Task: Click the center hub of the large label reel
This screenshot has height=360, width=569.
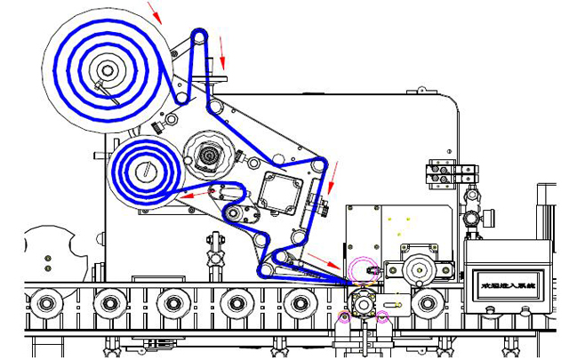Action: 108,69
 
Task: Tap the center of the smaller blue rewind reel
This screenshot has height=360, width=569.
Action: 145,169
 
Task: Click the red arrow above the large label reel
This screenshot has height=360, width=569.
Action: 155,12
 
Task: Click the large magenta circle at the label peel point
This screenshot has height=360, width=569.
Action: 361,268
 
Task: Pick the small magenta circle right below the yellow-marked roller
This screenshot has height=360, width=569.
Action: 383,316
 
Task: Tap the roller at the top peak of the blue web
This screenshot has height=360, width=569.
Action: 200,36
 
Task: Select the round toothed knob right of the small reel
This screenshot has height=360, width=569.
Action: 209,156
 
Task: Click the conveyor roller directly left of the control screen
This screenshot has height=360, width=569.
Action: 429,303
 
